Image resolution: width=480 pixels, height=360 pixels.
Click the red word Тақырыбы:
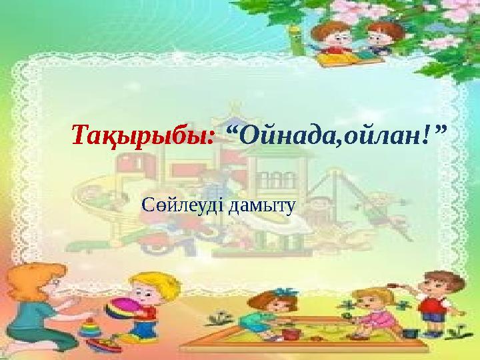143,135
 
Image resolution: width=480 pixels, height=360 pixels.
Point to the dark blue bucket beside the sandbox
412,331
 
